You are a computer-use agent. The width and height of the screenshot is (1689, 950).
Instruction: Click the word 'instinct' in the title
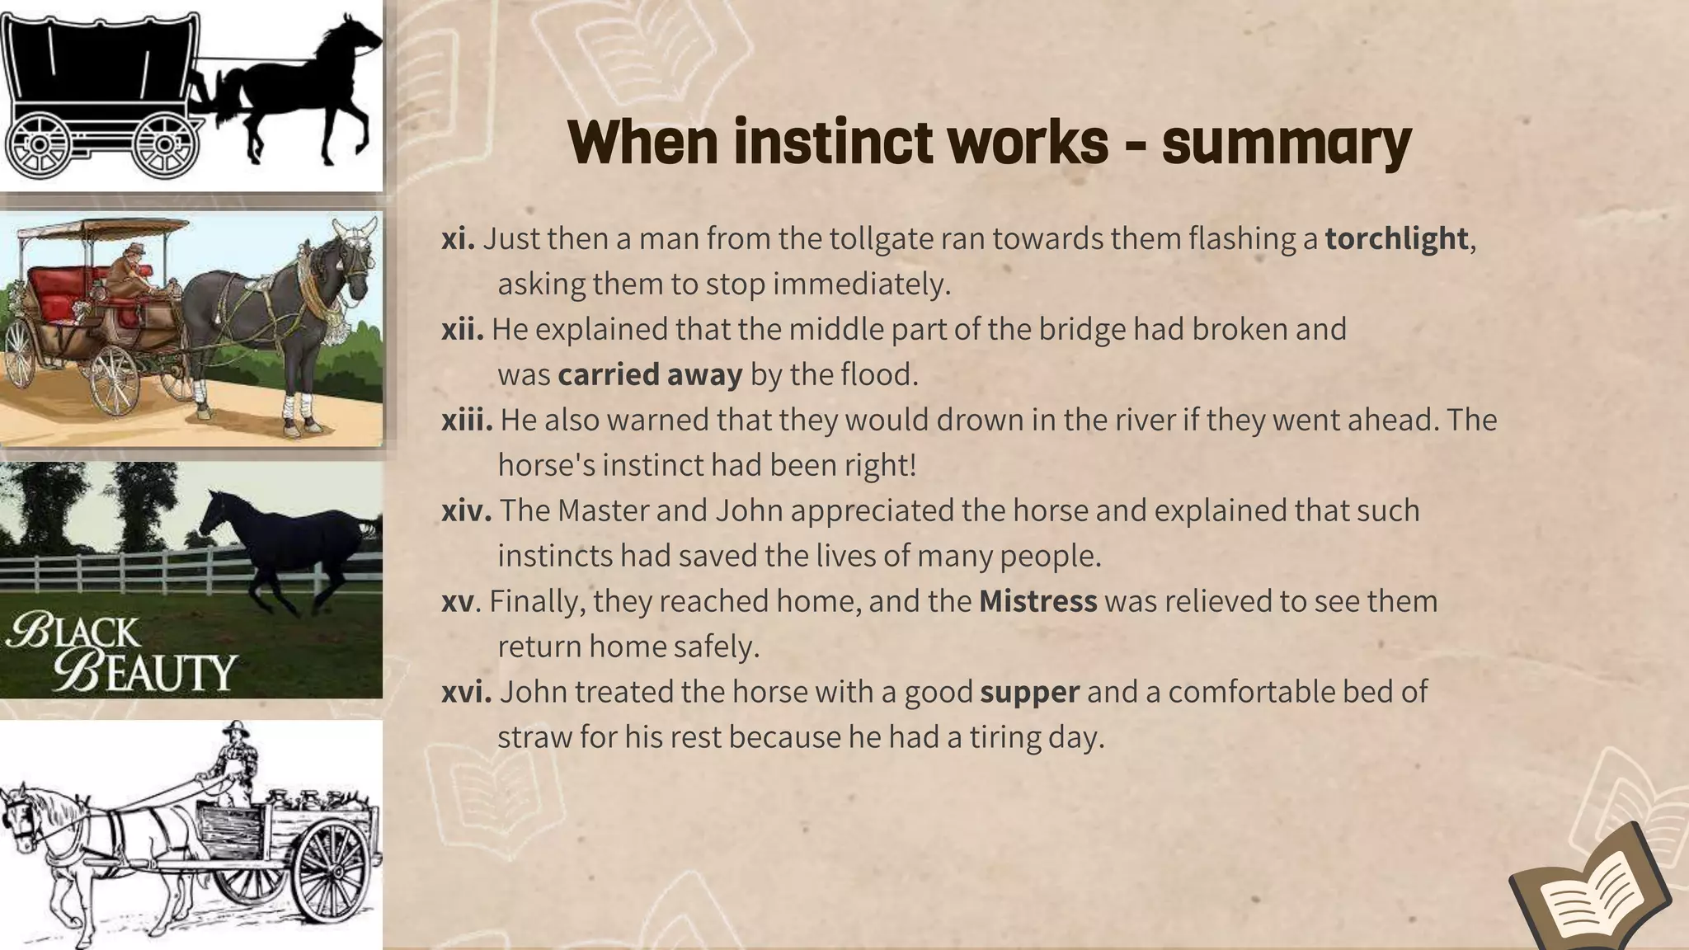(x=834, y=142)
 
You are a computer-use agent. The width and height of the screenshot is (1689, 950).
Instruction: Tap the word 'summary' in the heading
(x=1287, y=143)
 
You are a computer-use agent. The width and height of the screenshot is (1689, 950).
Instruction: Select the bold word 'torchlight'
(x=1396, y=238)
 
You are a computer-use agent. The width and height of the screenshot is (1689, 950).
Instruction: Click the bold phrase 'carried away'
(x=650, y=374)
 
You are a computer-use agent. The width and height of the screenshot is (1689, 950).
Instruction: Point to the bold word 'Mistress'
(x=1037, y=601)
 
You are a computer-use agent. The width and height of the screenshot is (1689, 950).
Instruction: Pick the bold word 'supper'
(x=1029, y=691)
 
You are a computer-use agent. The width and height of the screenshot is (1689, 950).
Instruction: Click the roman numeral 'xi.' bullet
(x=458, y=238)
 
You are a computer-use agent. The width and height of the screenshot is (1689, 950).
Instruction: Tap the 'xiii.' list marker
(x=467, y=420)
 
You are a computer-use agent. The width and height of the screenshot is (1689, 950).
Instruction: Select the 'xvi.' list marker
(x=466, y=691)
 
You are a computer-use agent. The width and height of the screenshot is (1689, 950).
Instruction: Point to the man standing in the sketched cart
(x=238, y=763)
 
